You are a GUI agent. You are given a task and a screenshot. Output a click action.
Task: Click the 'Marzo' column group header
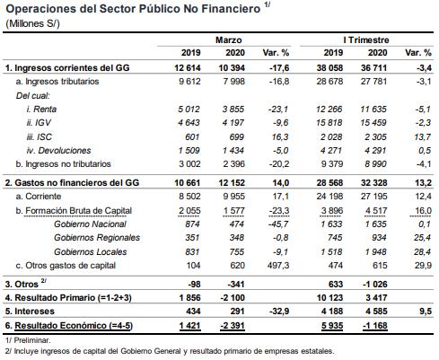coord(228,40)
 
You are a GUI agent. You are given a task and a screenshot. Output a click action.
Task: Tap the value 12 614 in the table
coord(186,67)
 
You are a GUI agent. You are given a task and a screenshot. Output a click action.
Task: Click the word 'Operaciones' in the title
coord(42,8)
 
